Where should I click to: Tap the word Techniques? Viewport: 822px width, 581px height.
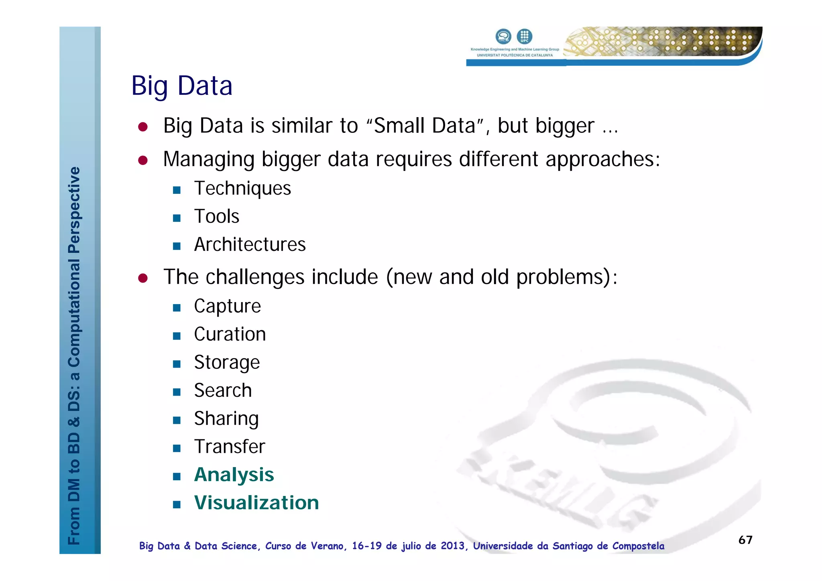[242, 188]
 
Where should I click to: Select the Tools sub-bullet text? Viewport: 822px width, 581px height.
[217, 216]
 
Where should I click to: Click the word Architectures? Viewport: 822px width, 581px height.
[250, 244]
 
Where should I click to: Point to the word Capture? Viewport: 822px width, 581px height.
[227, 306]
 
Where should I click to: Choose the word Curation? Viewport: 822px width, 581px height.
[230, 334]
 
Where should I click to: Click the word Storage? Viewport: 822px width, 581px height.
[227, 362]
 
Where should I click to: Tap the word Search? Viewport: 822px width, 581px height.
[223, 390]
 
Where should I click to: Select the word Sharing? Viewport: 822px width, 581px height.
[226, 418]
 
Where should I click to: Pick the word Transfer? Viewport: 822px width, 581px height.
[230, 447]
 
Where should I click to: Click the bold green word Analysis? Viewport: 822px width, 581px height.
[234, 475]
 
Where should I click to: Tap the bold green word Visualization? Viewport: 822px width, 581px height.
[256, 503]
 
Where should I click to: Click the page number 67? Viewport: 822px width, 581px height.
[745, 540]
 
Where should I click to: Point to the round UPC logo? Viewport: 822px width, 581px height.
[524, 36]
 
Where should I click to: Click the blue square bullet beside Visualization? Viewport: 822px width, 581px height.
[177, 504]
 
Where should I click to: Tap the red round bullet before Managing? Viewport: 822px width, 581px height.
[143, 160]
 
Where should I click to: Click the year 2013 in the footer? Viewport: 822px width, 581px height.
[453, 546]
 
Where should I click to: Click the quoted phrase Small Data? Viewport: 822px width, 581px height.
[425, 126]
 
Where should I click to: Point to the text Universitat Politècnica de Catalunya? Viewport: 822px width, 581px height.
[515, 55]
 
